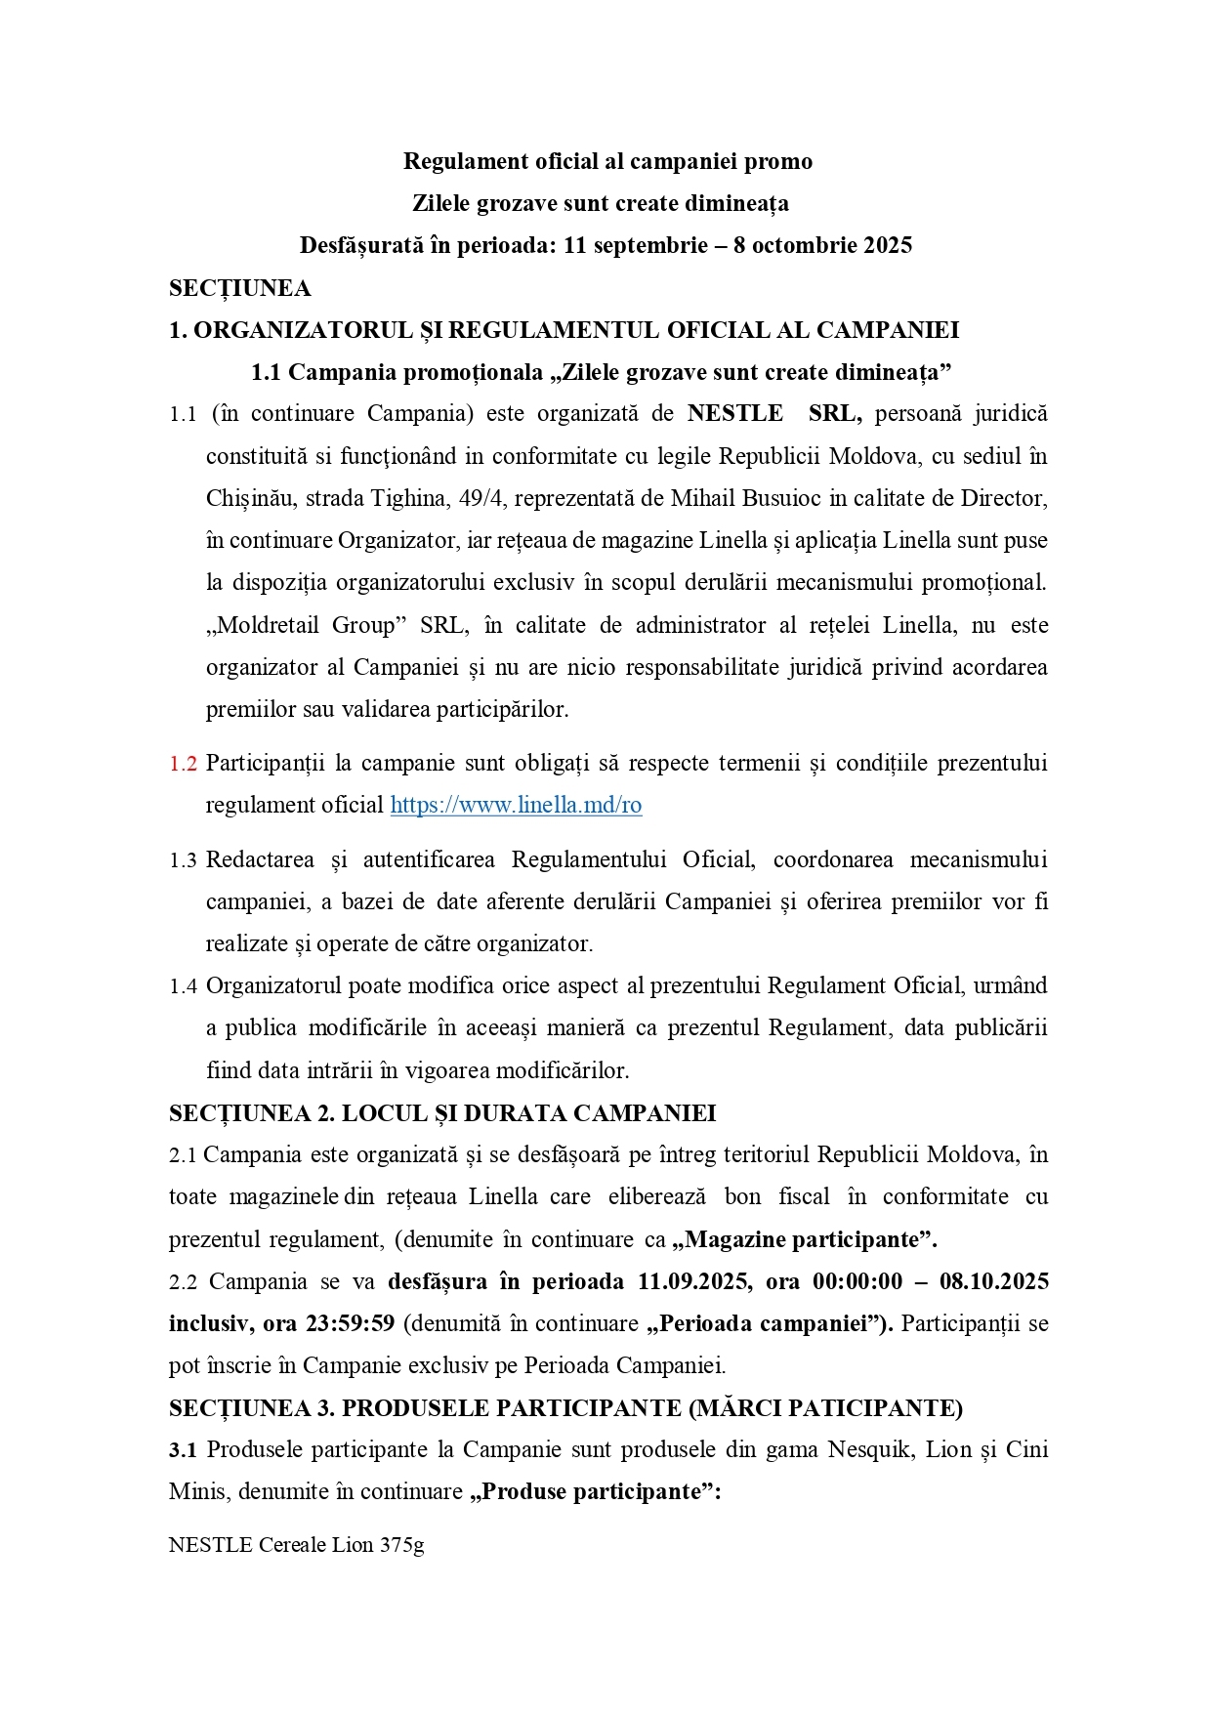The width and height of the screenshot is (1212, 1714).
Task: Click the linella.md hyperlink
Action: coord(516,805)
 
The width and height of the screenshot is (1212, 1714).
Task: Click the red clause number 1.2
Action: coord(183,764)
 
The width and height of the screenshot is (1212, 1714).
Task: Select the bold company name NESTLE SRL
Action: coord(773,413)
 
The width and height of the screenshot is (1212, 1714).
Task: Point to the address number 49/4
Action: coord(481,498)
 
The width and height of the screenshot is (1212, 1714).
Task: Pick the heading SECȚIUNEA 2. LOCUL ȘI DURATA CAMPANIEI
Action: coord(442,1113)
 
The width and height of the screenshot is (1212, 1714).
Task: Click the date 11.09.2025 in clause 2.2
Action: coord(694,1281)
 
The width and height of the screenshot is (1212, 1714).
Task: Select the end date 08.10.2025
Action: coord(994,1281)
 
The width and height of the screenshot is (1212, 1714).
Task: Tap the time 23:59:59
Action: coord(350,1323)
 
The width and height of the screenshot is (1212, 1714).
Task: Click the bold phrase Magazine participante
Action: coord(803,1239)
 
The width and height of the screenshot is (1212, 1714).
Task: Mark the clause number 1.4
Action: coord(183,986)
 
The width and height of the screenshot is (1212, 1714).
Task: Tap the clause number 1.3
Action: coord(183,860)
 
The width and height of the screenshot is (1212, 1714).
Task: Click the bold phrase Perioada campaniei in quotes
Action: coord(768,1323)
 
